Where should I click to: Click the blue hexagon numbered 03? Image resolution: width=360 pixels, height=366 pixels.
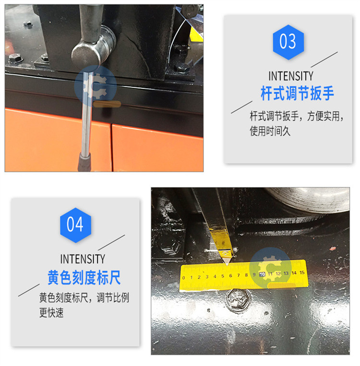click(x=288, y=42)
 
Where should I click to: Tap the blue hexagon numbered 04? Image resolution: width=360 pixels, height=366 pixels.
click(x=75, y=225)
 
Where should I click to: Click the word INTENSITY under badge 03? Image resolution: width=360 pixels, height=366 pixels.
click(x=291, y=76)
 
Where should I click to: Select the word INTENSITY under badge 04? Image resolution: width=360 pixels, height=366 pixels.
click(x=83, y=259)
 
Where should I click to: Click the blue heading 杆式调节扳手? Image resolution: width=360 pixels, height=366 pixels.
click(x=297, y=94)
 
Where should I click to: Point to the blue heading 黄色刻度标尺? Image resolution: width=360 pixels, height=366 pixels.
click(x=84, y=278)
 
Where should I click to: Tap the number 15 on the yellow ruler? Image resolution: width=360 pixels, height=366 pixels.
click(x=302, y=272)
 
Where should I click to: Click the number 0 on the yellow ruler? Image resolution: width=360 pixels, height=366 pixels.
click(x=184, y=278)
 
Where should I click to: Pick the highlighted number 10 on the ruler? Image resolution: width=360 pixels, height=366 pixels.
click(x=262, y=274)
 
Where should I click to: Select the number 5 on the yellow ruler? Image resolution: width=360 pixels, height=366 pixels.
click(x=223, y=276)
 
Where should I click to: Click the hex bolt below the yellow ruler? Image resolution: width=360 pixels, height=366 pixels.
click(x=238, y=299)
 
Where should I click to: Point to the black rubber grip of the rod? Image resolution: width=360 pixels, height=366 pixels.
click(x=84, y=162)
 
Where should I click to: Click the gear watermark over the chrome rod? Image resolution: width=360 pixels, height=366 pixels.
click(x=96, y=86)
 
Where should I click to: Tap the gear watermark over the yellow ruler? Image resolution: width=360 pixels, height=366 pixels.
click(x=271, y=268)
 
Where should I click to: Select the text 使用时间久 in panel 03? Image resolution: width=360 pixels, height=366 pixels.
click(x=270, y=131)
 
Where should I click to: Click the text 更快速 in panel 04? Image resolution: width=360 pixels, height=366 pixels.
click(x=51, y=313)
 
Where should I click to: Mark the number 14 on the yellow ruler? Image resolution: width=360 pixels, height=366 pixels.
click(x=294, y=272)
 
